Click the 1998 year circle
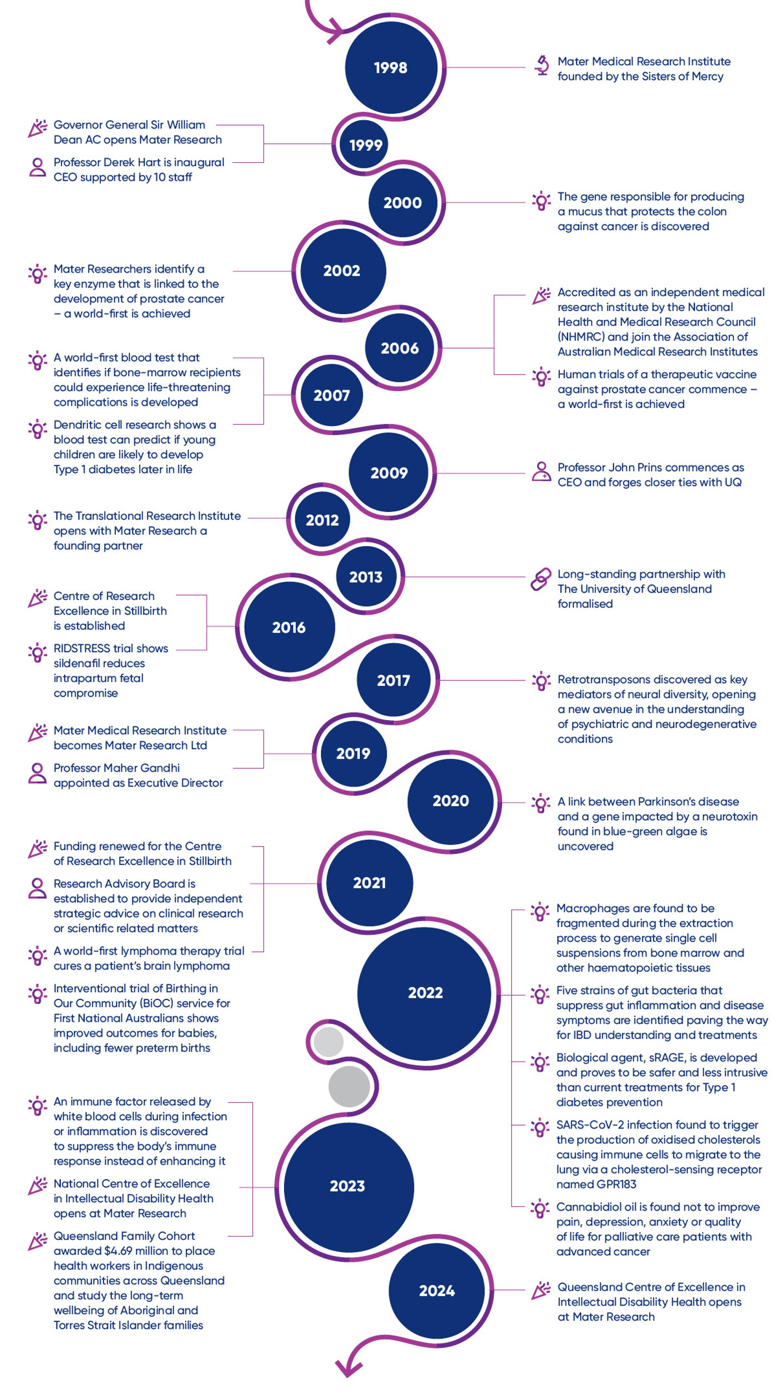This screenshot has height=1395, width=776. pos(391,68)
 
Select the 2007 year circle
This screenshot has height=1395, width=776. pos(331,395)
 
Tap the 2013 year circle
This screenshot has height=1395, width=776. pos(366,577)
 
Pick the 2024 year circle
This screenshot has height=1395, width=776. pos(437,1290)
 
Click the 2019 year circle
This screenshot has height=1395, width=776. pos(353,753)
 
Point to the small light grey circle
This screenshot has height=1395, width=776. pos(328,1042)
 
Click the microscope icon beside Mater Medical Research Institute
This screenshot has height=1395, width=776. pos(542,65)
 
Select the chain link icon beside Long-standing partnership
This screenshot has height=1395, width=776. pos(540,579)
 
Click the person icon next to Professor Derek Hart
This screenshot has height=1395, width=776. pos(37,167)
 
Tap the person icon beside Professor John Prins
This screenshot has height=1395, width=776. pos(541,471)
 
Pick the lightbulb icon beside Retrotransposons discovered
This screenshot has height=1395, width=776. pos(541,681)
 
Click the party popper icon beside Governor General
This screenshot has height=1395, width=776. pos(37,129)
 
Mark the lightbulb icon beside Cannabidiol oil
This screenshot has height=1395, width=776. pos(539,1208)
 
